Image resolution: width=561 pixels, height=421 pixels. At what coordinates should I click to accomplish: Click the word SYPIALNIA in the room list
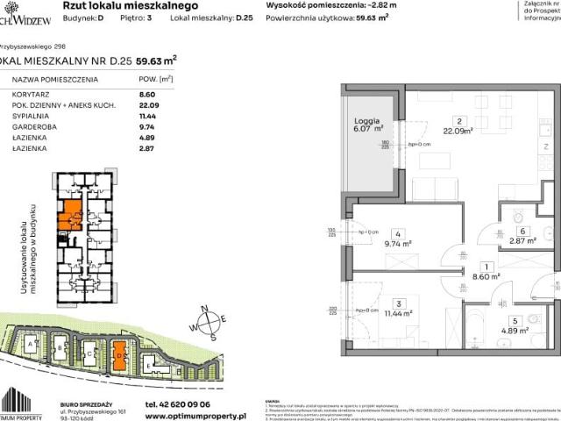pos(32,115)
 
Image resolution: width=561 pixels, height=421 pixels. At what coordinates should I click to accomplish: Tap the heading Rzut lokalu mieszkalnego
pos(145,4)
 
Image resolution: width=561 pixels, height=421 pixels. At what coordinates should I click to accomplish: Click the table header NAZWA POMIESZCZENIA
pos(52,78)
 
